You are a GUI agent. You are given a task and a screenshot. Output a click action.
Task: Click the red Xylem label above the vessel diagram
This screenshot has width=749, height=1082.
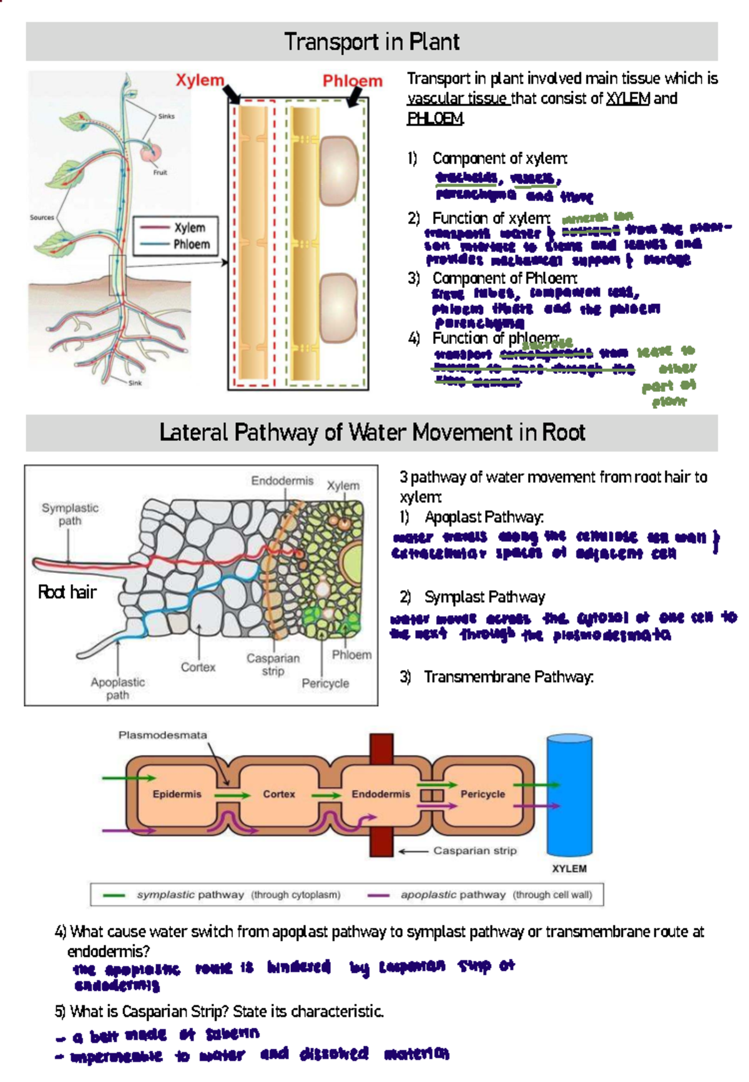[x=199, y=80]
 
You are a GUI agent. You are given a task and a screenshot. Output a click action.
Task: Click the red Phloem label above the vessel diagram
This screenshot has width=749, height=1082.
[x=352, y=81]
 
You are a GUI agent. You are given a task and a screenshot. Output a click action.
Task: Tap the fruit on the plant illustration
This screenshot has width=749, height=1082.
[x=150, y=152]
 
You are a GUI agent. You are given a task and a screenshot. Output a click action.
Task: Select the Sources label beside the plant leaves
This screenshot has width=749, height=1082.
[x=42, y=218]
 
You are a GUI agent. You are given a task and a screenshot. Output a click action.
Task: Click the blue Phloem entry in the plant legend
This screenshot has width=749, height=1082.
[x=191, y=245]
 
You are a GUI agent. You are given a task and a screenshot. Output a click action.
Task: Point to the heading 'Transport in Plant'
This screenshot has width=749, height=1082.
[x=372, y=42]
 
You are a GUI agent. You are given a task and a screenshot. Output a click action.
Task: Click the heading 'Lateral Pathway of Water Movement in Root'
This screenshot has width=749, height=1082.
[x=372, y=432]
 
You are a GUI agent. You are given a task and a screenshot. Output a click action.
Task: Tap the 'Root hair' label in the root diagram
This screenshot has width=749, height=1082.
[x=67, y=592]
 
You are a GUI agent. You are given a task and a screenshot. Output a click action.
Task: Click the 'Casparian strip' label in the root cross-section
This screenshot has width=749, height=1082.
[x=273, y=664]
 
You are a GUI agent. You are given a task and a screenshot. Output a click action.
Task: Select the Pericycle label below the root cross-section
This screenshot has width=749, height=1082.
[x=325, y=684]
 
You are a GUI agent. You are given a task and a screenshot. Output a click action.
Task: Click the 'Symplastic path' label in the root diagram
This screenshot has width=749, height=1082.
[x=70, y=514]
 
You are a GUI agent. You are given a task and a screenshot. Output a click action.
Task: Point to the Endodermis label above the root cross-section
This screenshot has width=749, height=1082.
[x=282, y=481]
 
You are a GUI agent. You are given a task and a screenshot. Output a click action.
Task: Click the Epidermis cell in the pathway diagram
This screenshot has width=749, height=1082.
[x=177, y=794]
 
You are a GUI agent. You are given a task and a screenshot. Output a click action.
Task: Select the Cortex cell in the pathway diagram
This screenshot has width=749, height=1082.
[x=278, y=794]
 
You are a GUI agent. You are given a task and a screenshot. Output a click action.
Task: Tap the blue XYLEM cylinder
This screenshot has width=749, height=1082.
[x=569, y=796]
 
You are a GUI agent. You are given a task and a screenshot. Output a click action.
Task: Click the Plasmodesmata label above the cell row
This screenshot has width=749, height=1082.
[x=162, y=735]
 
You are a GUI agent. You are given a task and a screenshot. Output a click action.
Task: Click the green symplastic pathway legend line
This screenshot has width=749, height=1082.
[x=114, y=895]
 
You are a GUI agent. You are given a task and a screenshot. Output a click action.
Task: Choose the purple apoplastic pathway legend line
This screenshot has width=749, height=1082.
[x=378, y=895]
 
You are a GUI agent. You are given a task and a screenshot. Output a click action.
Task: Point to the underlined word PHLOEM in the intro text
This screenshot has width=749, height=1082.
[x=434, y=119]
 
